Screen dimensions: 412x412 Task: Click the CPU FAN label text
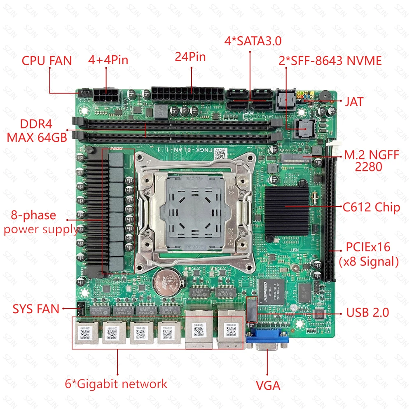coord(47,61)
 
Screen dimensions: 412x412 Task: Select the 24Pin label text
coord(190,57)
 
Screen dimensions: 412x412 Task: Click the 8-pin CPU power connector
coord(106,96)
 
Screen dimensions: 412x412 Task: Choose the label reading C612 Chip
coord(371,207)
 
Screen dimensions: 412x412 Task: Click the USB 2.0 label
coord(368,312)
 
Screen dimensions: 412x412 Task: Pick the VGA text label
coord(268,386)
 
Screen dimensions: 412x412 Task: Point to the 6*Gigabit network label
coord(116,384)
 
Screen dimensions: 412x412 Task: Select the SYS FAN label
coord(36,309)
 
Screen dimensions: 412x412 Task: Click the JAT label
coord(354,101)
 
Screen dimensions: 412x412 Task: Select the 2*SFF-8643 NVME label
coord(330,61)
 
